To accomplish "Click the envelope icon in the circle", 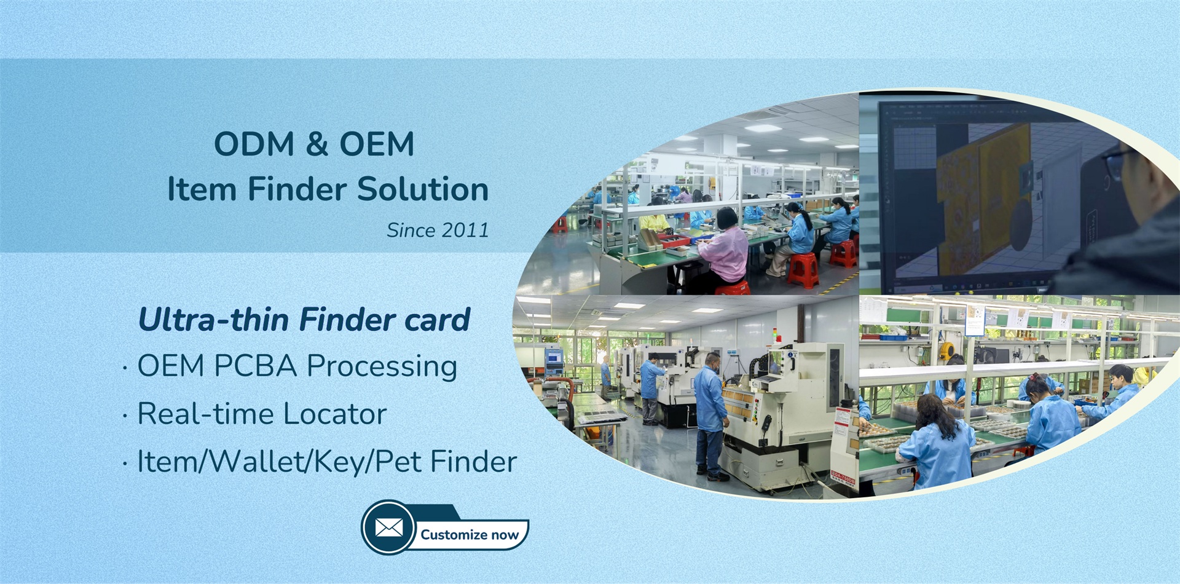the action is tap(389, 527).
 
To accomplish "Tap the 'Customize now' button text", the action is tap(470, 535).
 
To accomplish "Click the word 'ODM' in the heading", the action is tap(254, 144).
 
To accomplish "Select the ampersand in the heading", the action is tap(317, 144).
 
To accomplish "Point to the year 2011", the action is tap(465, 230).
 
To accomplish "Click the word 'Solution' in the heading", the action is tap(423, 189).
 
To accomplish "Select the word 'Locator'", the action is tap(335, 414).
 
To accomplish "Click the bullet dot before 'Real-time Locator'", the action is tap(125, 417).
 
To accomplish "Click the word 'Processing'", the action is tap(382, 367).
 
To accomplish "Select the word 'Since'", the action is tap(411, 230).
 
